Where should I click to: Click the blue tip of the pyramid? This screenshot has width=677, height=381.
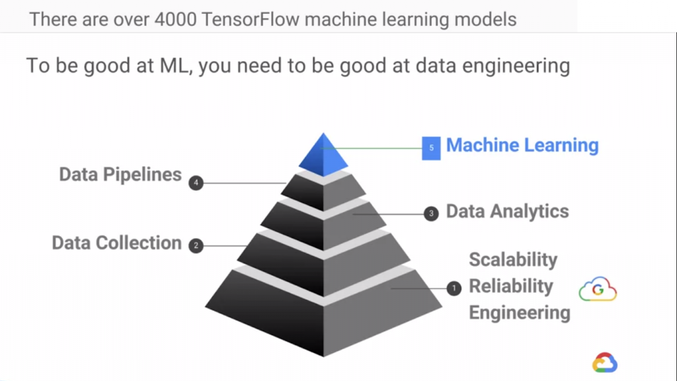click(x=323, y=157)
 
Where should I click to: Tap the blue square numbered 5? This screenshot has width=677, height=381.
click(x=431, y=148)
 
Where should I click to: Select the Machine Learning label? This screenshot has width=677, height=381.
click(x=522, y=146)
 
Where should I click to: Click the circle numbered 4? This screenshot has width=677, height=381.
click(x=196, y=183)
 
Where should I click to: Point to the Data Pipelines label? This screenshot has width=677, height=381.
click(x=120, y=175)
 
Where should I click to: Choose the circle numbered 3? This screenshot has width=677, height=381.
click(x=431, y=214)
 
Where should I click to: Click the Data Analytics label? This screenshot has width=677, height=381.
click(x=507, y=212)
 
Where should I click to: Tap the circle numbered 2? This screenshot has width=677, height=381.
click(x=196, y=245)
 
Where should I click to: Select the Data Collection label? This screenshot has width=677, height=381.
click(x=116, y=243)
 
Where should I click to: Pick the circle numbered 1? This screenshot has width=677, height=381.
click(x=454, y=288)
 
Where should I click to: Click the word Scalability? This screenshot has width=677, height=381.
click(x=513, y=259)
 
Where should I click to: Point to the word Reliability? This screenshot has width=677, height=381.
click(x=510, y=286)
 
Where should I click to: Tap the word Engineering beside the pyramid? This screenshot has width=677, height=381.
click(x=519, y=312)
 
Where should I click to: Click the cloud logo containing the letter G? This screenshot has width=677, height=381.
click(x=597, y=290)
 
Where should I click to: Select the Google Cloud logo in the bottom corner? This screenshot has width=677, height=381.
click(x=604, y=362)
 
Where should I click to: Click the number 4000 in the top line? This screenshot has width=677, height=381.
click(x=177, y=19)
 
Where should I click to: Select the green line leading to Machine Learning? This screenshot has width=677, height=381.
click(x=374, y=148)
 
